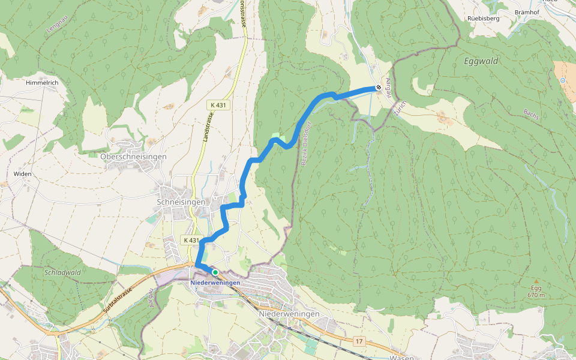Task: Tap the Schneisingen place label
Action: click(181, 202)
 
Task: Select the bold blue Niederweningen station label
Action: click(215, 283)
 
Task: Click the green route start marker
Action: click(215, 272)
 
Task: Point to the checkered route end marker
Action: click(379, 88)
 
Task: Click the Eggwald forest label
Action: click(481, 61)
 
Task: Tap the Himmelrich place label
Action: click(41, 82)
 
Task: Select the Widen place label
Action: click(22, 174)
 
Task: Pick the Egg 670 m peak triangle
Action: click(537, 280)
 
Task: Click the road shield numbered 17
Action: click(359, 341)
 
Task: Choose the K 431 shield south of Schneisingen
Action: click(190, 240)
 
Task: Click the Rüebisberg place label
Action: click(483, 18)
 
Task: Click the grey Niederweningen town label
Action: click(289, 314)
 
